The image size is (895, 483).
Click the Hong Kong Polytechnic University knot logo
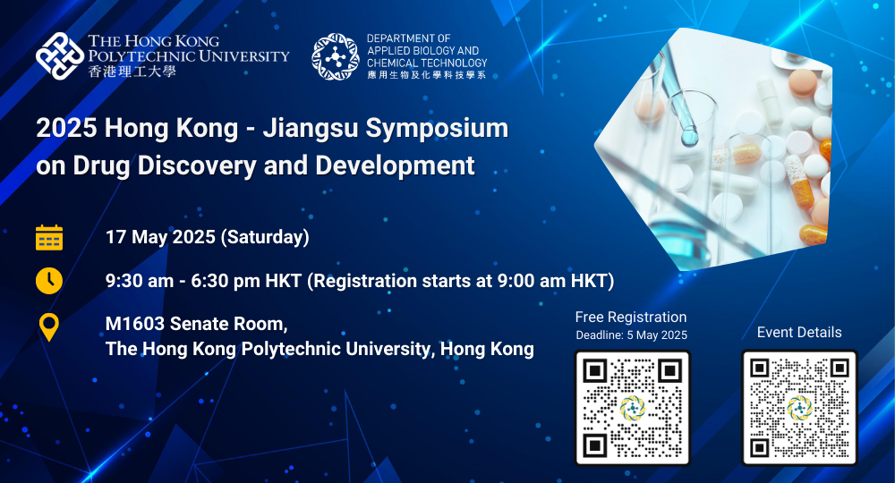[60, 55]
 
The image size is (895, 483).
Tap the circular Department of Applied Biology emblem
[335, 56]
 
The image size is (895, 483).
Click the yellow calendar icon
[49, 238]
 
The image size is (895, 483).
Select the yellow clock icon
[49, 281]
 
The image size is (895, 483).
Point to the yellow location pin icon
[49, 326]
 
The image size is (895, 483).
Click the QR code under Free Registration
[632, 408]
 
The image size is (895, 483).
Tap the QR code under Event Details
[799, 408]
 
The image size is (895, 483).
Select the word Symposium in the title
[438, 129]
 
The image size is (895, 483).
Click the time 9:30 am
[140, 281]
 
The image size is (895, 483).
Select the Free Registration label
[631, 317]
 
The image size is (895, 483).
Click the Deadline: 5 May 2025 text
[631, 335]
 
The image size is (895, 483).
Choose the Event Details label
[799, 333]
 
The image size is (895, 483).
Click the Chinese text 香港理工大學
[132, 72]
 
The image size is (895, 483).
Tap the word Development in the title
[395, 165]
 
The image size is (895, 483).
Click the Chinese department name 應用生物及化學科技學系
[426, 75]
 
